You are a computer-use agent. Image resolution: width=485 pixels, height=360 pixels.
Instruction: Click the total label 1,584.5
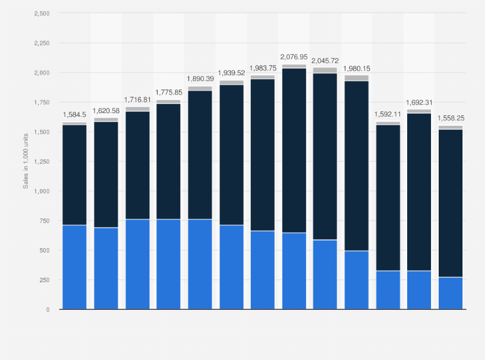75,116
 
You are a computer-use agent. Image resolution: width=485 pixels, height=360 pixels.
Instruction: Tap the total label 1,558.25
450,118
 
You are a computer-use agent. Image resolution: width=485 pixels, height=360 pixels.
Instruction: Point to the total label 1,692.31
419,102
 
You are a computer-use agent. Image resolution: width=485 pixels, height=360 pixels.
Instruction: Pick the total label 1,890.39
200,79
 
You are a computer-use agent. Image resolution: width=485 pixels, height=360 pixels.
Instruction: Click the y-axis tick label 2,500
41,14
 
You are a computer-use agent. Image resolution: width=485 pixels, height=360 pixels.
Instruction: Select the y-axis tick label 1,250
41,161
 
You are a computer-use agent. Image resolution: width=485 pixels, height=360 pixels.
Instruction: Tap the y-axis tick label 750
44,221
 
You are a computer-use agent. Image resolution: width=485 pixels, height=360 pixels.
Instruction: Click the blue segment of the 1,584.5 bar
75,267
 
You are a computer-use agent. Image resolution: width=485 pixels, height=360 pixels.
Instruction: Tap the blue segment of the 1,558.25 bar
450,293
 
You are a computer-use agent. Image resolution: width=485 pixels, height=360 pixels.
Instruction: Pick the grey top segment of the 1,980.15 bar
356,78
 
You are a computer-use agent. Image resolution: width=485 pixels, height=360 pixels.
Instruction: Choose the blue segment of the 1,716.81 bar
137,264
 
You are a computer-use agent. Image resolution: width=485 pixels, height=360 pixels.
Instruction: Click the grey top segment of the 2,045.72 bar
325,70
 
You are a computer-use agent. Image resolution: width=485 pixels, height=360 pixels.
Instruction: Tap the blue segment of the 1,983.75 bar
262,270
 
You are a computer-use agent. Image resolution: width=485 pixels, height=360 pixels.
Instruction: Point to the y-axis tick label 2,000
41,73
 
